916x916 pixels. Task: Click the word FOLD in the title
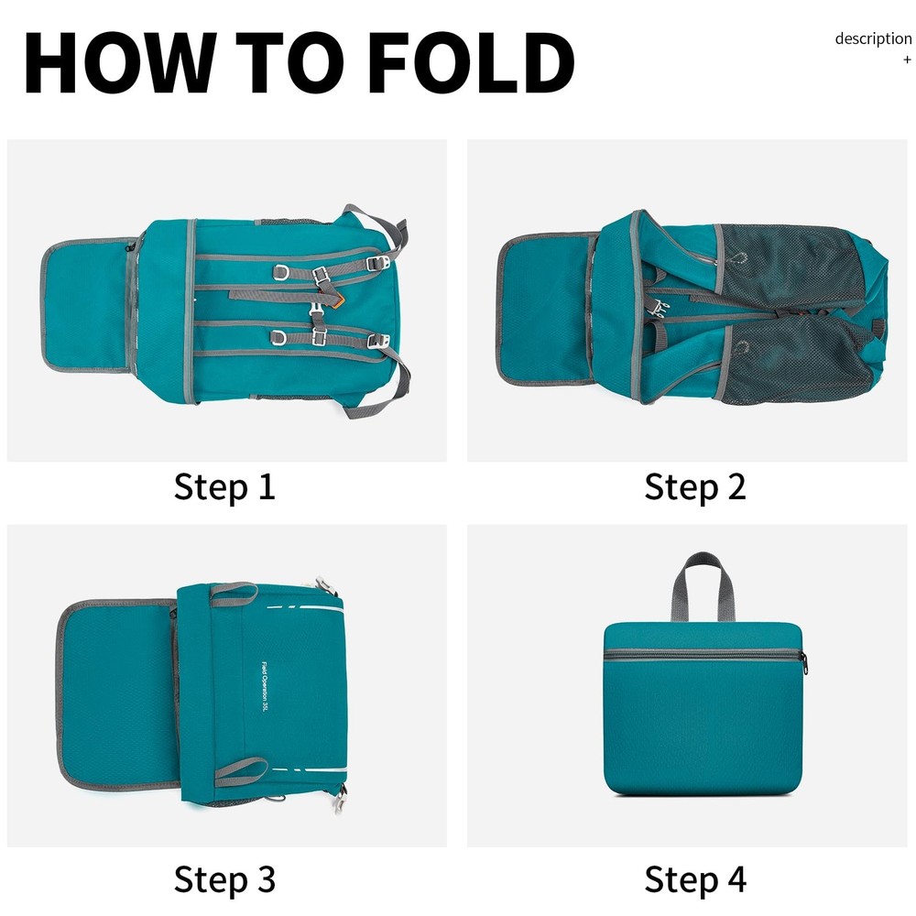(x=472, y=62)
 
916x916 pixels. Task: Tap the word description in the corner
(x=873, y=39)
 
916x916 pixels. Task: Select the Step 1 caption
(x=224, y=486)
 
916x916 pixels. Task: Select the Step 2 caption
(x=695, y=486)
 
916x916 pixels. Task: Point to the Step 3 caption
(x=224, y=879)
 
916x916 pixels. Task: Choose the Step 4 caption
(x=695, y=879)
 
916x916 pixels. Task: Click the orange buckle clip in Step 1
(x=335, y=301)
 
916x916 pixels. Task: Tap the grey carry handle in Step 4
(x=702, y=584)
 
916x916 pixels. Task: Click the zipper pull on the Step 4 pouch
(x=804, y=663)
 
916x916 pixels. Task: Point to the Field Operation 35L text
(x=265, y=686)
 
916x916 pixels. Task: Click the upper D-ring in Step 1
(x=281, y=272)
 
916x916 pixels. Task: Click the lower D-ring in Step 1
(x=279, y=338)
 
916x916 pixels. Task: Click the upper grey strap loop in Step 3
(x=234, y=590)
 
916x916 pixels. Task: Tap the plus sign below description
(x=907, y=60)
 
